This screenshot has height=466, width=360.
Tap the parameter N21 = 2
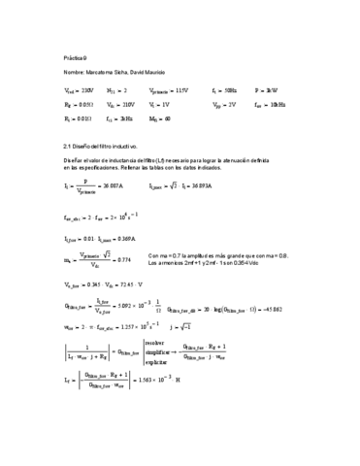(x=117, y=89)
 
